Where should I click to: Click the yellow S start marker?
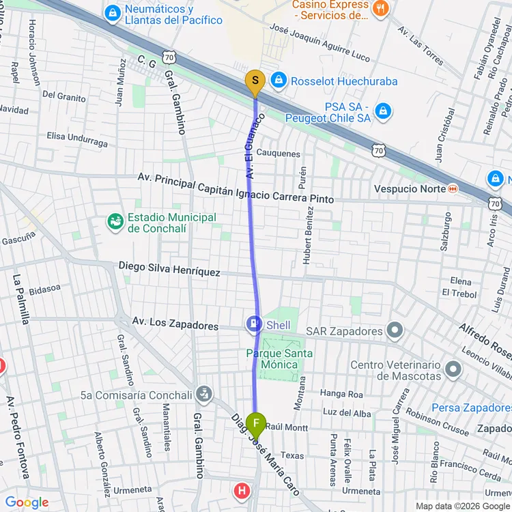(x=255, y=83)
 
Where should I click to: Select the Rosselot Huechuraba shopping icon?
(x=278, y=81)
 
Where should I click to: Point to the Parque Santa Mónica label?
(x=279, y=358)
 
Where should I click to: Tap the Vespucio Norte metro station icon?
(x=452, y=188)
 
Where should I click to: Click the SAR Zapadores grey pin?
(x=395, y=332)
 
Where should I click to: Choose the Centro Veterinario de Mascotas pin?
(x=453, y=370)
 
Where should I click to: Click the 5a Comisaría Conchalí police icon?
(x=203, y=393)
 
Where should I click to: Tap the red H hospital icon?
(x=242, y=490)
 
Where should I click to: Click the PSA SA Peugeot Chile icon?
(x=383, y=111)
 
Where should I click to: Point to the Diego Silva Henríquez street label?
(x=169, y=268)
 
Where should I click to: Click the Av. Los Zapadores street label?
(x=175, y=323)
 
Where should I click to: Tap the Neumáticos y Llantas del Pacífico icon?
(x=113, y=12)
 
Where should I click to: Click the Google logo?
(x=27, y=502)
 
